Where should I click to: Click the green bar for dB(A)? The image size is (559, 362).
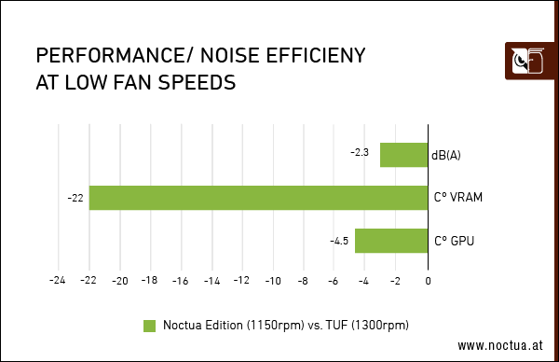[404, 155]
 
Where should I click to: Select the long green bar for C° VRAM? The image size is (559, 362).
[258, 198]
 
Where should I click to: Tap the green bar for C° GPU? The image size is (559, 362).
[391, 241]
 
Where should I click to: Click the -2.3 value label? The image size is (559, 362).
[361, 152]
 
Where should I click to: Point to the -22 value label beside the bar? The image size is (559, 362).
[75, 198]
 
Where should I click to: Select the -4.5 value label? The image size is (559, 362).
[339, 241]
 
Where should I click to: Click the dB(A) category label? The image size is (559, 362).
[446, 155]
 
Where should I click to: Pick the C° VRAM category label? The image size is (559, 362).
[457, 198]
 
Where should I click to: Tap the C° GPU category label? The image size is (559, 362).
[455, 241]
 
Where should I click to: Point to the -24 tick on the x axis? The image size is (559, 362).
[58, 280]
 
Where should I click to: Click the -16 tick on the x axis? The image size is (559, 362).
[181, 280]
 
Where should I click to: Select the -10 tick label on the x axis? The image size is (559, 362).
[273, 280]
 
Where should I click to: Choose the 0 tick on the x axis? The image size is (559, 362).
[428, 280]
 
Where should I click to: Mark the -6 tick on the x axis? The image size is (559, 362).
[334, 280]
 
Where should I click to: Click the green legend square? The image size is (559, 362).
[149, 325]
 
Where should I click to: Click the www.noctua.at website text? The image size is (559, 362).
[499, 345]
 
